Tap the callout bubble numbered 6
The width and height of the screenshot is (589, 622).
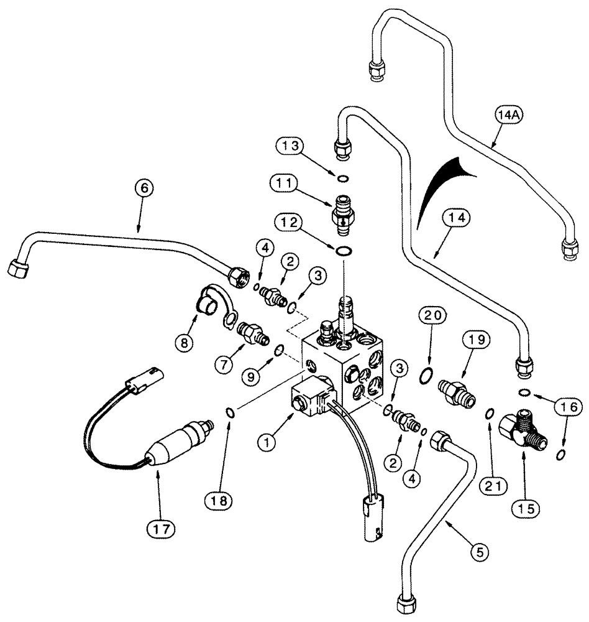tap(141, 187)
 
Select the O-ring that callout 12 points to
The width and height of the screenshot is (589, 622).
tap(342, 251)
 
